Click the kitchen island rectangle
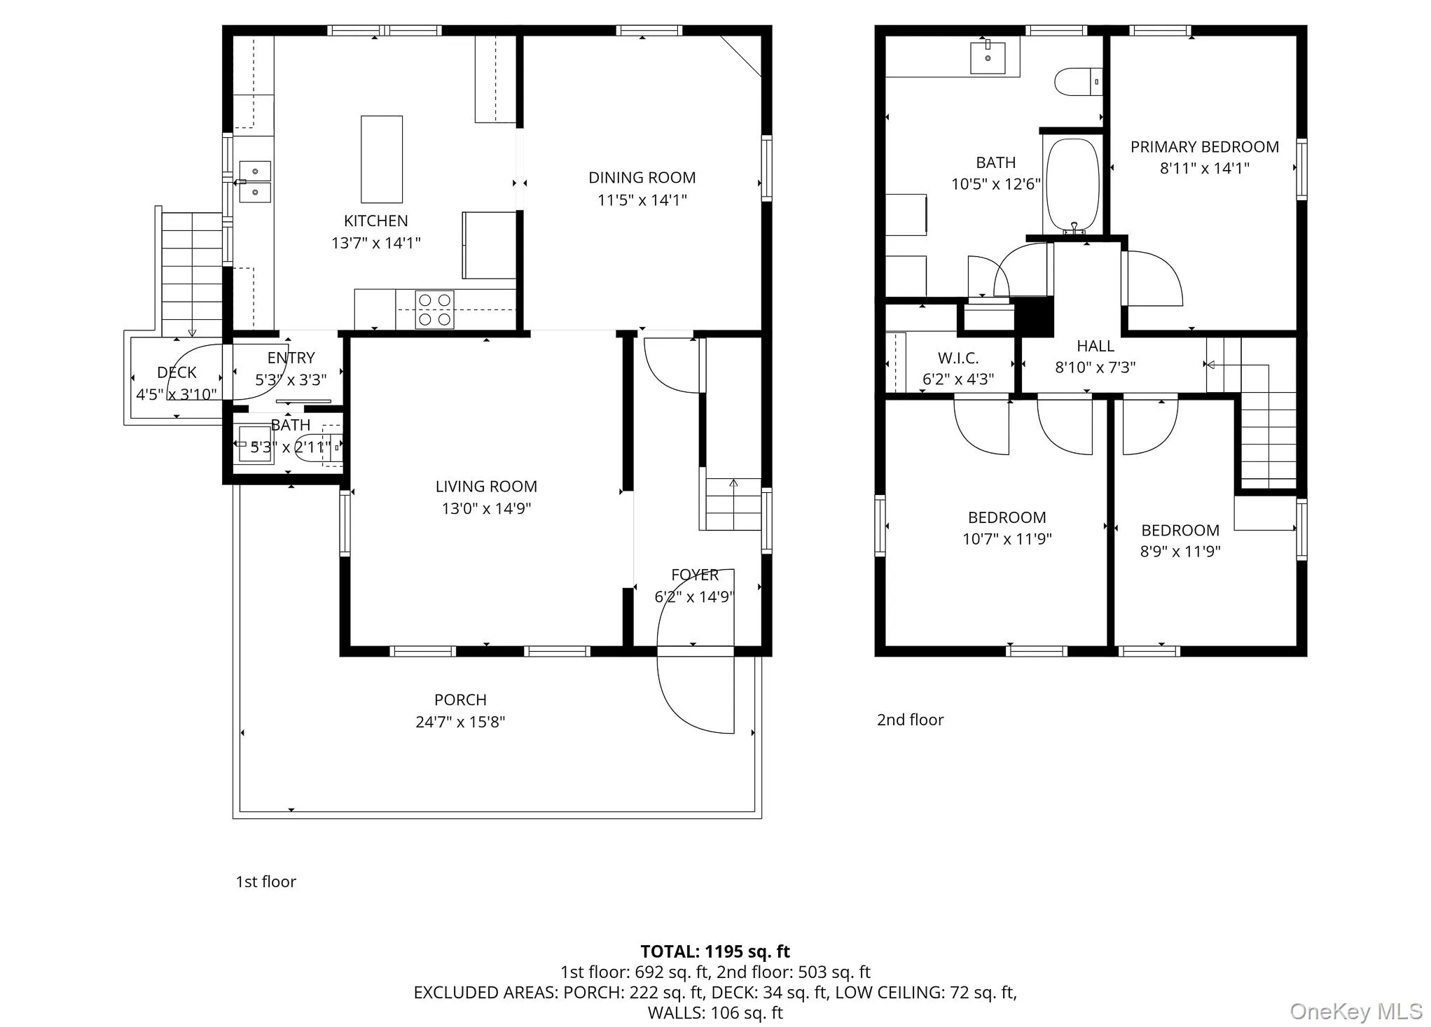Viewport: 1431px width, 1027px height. (382, 160)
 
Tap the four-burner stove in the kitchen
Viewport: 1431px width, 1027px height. (434, 309)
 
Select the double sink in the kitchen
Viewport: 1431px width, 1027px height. (255, 181)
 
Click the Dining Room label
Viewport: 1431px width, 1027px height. (642, 178)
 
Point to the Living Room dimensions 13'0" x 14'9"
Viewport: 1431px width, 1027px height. (486, 508)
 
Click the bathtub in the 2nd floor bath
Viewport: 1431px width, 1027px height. (1072, 184)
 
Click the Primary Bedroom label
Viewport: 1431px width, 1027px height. (1204, 147)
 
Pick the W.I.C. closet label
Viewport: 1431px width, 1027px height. (958, 358)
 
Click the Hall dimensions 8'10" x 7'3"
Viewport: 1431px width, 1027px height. (1095, 368)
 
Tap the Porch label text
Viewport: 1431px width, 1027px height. (460, 699)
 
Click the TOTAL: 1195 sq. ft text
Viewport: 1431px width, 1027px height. (714, 951)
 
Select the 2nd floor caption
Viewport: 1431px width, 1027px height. (910, 720)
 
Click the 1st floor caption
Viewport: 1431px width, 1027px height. (265, 881)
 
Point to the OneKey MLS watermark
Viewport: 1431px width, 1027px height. (1355, 1012)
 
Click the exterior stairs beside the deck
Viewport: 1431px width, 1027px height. (192, 273)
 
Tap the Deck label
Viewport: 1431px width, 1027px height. (177, 372)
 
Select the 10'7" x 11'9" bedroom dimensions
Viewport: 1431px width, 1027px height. (1007, 539)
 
